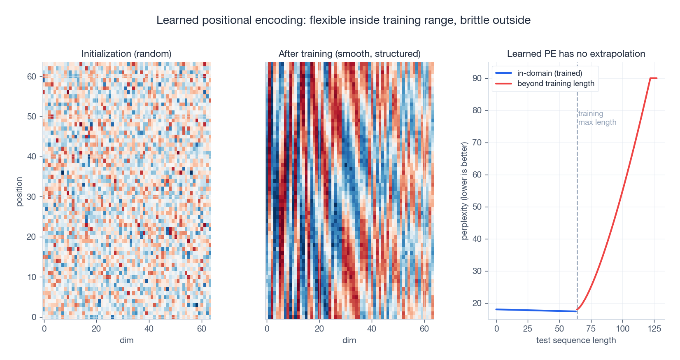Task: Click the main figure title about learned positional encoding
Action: (343, 20)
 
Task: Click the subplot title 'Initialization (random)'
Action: (126, 54)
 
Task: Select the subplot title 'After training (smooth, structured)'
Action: (349, 54)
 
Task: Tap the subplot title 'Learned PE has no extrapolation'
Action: (576, 54)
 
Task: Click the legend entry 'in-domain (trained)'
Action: (550, 73)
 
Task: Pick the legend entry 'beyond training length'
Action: (556, 84)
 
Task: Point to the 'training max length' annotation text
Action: (597, 118)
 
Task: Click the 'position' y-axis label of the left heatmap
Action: (19, 192)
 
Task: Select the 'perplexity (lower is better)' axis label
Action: (464, 191)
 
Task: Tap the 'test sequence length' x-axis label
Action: (576, 340)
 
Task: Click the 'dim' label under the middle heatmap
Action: (349, 340)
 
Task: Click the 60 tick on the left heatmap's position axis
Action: (32, 77)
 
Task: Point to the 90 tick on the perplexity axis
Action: (477, 78)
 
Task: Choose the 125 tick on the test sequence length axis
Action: (654, 329)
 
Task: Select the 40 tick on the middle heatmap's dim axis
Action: (372, 329)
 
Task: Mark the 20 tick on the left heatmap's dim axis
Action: (96, 329)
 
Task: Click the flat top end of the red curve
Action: (654, 78)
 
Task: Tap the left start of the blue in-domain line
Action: (497, 309)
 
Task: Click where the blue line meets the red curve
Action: (577, 310)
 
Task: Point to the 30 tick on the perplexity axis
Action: (477, 271)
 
